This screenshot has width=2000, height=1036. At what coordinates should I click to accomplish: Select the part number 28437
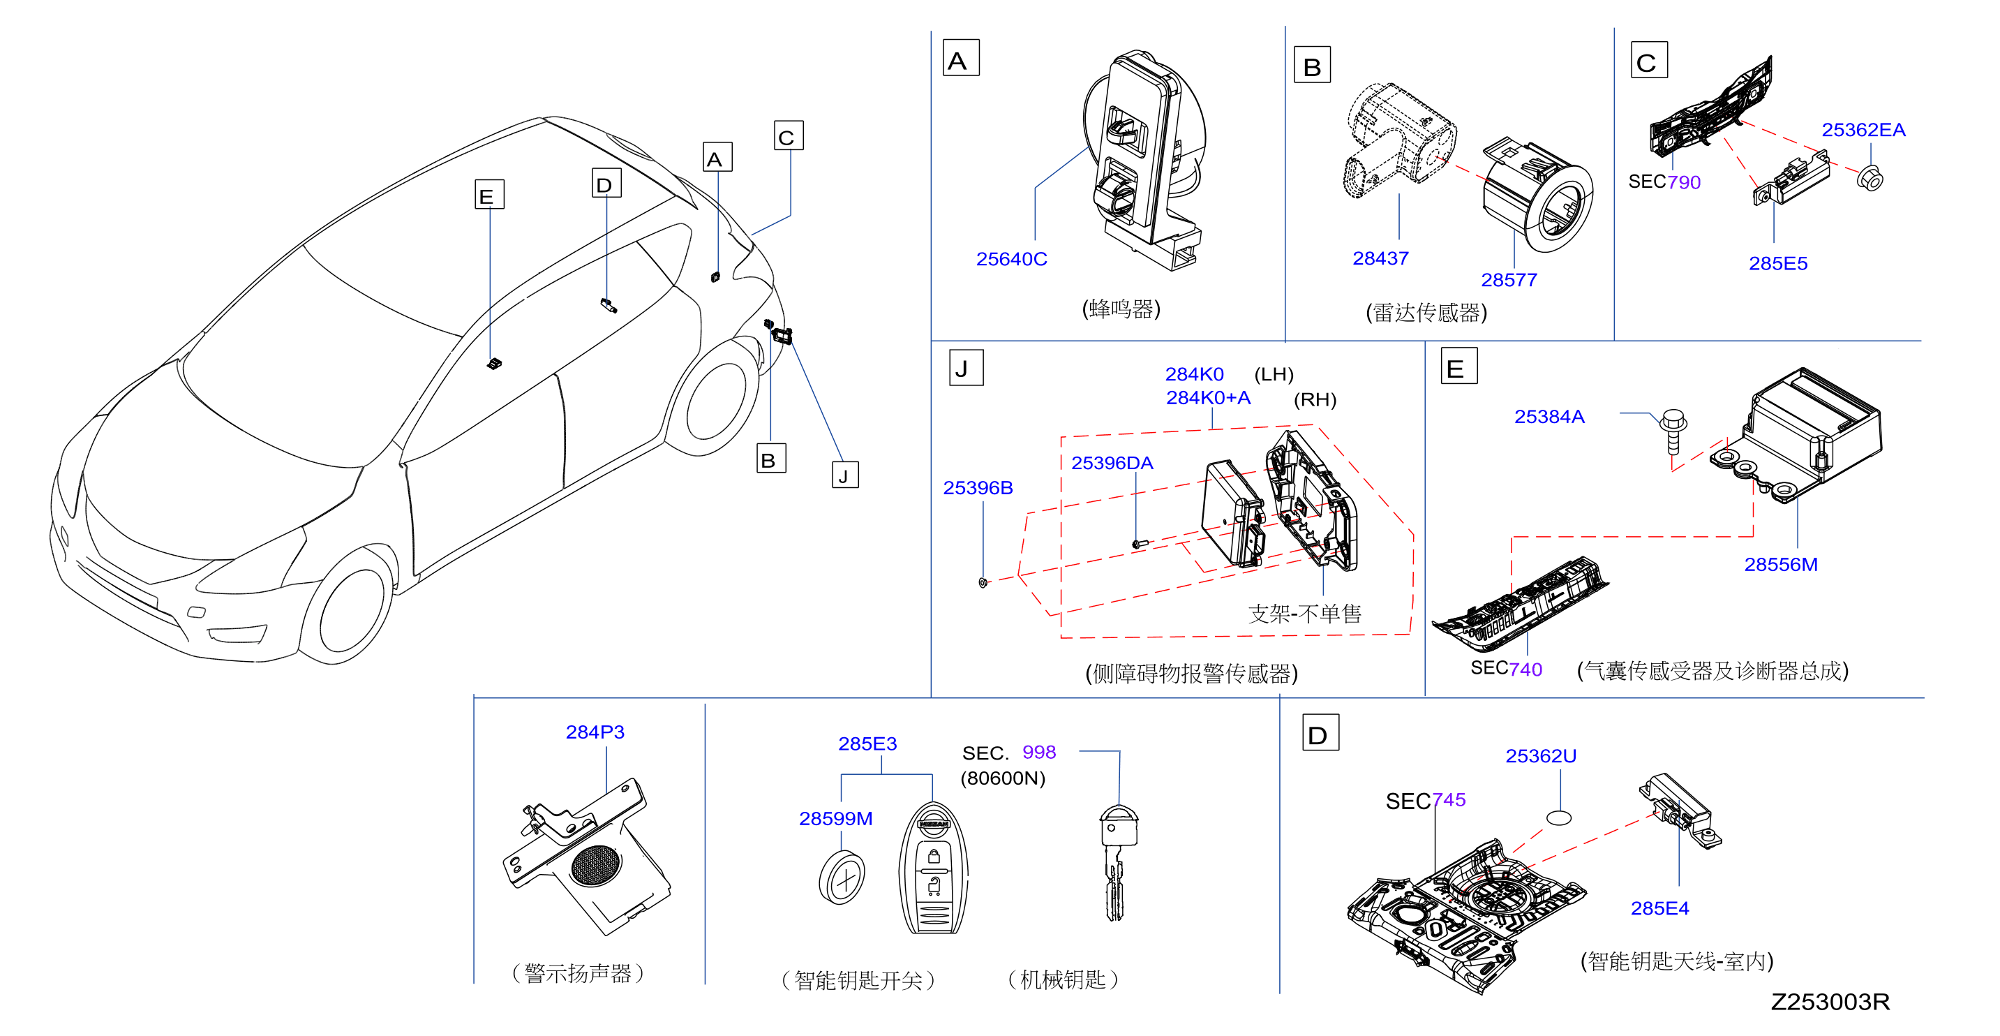tap(1380, 258)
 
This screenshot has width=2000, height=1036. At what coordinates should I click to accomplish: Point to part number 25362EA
tap(1863, 130)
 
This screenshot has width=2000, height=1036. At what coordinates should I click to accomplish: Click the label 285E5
tap(1777, 263)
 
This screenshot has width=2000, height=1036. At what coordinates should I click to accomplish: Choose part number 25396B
tap(978, 488)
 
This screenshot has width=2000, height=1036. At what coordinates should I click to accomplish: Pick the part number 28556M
tap(1780, 565)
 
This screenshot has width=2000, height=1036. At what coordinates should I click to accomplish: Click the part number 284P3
tap(595, 732)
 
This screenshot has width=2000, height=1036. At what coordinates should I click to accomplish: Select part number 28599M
tap(835, 819)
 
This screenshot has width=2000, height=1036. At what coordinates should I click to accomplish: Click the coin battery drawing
tap(842, 878)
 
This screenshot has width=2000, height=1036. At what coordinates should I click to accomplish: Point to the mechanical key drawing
tap(1117, 862)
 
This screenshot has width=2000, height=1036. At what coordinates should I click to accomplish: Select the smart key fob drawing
tap(933, 868)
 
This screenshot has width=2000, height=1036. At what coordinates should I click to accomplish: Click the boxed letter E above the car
tap(489, 195)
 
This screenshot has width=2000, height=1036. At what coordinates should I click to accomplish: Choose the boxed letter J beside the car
tap(844, 475)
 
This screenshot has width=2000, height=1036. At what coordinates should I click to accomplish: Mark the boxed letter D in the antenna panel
tap(1320, 733)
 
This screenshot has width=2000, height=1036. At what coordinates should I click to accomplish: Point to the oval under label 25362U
tap(1558, 817)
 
